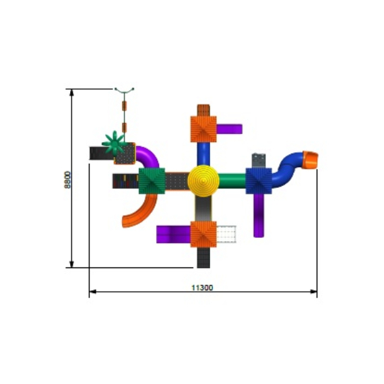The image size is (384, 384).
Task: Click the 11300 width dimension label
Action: coord(202,288)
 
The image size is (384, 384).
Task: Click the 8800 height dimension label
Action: coord(67,180)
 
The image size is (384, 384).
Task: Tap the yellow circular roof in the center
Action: coord(203,181)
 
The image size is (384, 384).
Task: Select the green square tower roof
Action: coord(152,181)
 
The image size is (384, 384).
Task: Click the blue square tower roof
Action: coord(259,181)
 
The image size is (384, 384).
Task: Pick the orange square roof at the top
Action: coord(203,129)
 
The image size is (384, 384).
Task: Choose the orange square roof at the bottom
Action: coord(203,234)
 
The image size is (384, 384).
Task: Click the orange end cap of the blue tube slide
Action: coord(310,160)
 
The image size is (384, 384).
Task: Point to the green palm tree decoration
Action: coord(114,143)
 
